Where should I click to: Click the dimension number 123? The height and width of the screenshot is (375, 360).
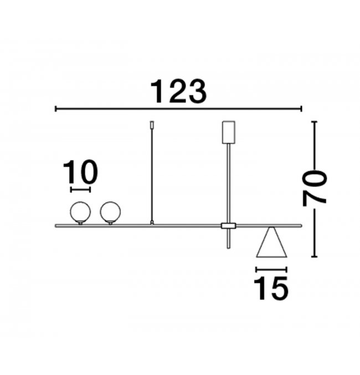point(178,91)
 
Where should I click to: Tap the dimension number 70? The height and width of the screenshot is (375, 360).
point(315,189)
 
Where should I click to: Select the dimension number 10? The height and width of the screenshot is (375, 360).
point(80,172)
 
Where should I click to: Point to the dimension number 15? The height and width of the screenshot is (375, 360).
point(271,288)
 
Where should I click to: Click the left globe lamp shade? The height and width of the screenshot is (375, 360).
point(80,212)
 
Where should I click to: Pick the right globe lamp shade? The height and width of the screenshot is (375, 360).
point(110,212)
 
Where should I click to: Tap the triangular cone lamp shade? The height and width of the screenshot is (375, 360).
point(271,242)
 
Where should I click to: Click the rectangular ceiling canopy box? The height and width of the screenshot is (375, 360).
point(228,132)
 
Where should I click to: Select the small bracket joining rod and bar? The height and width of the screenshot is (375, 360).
point(228,226)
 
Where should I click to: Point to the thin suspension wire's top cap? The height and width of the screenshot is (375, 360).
point(152,125)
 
